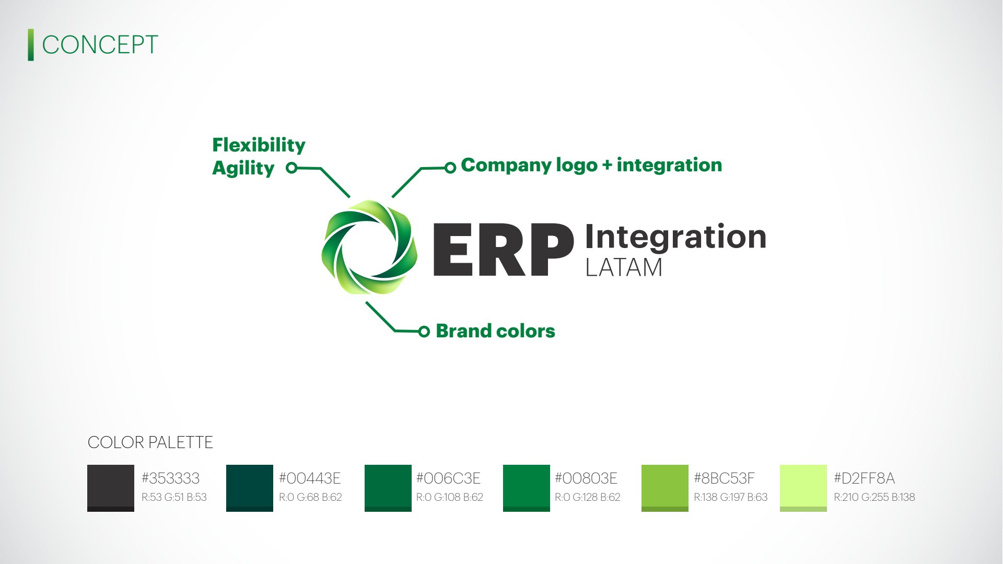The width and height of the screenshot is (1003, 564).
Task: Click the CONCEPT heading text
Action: coord(100,45)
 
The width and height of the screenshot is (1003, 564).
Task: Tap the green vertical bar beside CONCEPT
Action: coord(31,45)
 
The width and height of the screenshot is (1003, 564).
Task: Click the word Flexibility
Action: coord(259,145)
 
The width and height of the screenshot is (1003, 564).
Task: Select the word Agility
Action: coord(243,168)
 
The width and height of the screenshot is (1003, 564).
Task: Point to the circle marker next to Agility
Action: coord(291,168)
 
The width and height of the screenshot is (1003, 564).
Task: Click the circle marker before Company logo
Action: coord(450,168)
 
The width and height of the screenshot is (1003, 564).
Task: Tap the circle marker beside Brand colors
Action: coord(424,331)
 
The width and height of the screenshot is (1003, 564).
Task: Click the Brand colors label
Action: coord(495,331)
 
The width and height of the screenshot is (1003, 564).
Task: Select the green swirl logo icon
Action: coord(369,248)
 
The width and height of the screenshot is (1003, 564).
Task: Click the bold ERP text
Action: coord(504,250)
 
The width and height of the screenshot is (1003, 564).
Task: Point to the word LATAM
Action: coord(624,267)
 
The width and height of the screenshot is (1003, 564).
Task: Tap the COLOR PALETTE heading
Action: coord(150,442)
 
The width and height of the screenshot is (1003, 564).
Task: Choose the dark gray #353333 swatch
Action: coord(111,488)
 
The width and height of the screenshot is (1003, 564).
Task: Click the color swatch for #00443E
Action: coord(250,488)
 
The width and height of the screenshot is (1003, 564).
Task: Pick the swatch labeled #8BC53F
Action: coord(665,488)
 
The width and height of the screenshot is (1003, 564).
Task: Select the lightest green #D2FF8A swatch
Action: coord(803,488)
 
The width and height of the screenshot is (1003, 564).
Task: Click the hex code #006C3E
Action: coord(448,478)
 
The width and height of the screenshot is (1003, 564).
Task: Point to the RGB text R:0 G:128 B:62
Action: coord(588,497)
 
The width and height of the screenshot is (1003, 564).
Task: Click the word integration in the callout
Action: coord(669,165)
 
